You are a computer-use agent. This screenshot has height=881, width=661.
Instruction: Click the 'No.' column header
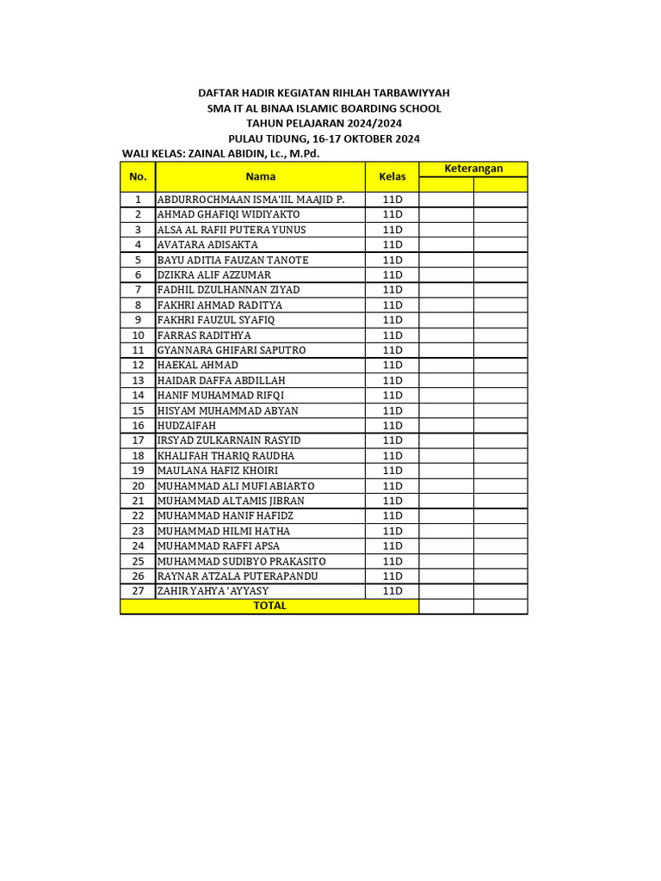tap(138, 176)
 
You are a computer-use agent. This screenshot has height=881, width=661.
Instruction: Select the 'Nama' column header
tap(260, 176)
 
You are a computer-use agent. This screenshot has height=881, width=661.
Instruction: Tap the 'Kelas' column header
tap(392, 176)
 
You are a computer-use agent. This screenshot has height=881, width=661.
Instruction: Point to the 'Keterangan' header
tap(473, 169)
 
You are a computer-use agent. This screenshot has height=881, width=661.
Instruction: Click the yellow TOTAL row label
tap(269, 606)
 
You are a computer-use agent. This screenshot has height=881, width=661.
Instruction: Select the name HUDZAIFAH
tap(187, 425)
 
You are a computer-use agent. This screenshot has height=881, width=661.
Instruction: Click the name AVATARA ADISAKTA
tap(207, 244)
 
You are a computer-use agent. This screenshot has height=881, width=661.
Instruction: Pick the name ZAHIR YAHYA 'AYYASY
tap(213, 591)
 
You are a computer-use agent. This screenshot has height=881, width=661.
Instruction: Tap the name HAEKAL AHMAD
tap(198, 365)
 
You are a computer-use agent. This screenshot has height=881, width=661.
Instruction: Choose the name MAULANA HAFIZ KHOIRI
tap(218, 471)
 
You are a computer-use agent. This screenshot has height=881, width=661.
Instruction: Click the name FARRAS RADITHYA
tap(204, 335)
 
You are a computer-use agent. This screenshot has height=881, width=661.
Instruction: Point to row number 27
tap(138, 591)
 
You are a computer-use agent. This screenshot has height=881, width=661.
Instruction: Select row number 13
tap(138, 380)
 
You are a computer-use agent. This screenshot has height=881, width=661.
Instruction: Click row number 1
tap(138, 200)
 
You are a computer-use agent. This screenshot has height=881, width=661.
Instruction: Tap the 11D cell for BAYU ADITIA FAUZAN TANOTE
tap(392, 260)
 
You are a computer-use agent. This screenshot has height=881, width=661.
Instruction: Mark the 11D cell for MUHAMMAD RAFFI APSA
tap(392, 545)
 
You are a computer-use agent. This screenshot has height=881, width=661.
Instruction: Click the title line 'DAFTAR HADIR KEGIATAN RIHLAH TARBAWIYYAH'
tap(324, 93)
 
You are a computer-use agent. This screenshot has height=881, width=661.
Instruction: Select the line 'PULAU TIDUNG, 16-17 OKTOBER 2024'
tap(324, 139)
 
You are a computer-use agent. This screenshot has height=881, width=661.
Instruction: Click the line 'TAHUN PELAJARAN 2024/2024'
tap(324, 124)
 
